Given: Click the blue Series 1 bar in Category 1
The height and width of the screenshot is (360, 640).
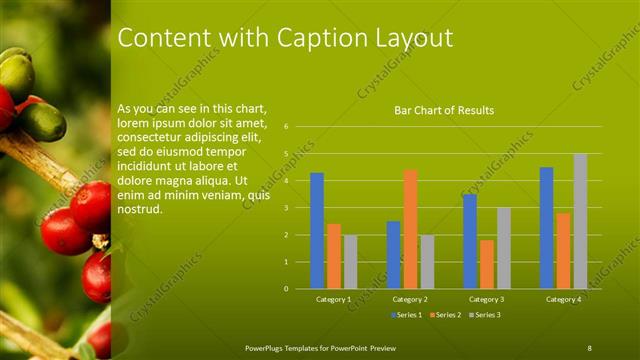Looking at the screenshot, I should (317, 231).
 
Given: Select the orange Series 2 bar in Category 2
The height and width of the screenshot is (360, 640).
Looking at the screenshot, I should (410, 229).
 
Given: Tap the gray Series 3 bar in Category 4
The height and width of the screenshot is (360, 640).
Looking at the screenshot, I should (580, 221).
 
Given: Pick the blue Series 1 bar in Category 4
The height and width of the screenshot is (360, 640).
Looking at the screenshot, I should (546, 228).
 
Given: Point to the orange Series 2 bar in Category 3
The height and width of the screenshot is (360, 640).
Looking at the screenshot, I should (487, 264).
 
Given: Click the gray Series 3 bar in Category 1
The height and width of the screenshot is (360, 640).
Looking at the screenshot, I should (350, 262).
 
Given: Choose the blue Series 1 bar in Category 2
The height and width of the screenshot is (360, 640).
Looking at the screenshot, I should (393, 255).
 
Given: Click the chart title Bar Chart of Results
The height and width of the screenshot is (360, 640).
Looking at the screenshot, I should (444, 110).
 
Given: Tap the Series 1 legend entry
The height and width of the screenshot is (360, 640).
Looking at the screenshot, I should (405, 316).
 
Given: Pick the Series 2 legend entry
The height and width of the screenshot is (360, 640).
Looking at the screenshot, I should (447, 316).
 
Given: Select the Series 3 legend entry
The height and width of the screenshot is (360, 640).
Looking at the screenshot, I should (486, 316).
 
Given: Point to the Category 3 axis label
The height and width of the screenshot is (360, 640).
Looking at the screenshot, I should (487, 299).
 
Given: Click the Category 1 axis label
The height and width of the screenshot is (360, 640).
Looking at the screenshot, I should (333, 299).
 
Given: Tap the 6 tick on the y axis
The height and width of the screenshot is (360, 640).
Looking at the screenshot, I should (286, 127).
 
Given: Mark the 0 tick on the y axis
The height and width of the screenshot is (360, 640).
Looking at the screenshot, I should (286, 289).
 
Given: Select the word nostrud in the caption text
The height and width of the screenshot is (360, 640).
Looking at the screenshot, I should (140, 209).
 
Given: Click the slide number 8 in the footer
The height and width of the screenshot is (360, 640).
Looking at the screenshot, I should (590, 347).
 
